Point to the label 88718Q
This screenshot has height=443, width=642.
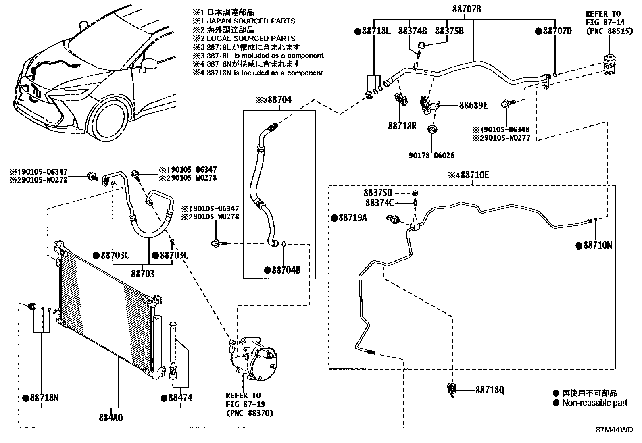tap(490, 390)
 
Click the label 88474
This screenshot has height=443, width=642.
tap(180, 398)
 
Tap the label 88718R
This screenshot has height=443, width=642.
tap(402, 126)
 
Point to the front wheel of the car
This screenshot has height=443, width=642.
tap(108, 122)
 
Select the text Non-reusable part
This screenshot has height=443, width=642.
tap(594, 403)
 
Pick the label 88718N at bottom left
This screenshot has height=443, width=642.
tap(44, 398)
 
